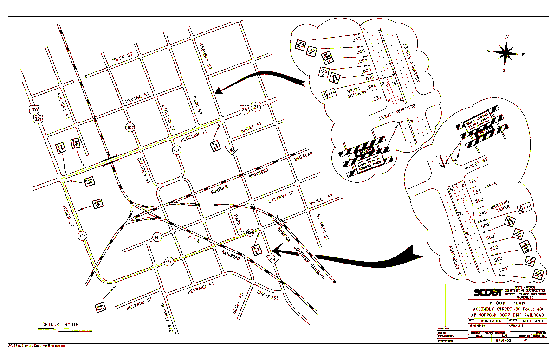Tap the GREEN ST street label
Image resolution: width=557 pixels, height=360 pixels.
click(122, 58)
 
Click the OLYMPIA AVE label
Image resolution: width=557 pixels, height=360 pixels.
click(166, 319)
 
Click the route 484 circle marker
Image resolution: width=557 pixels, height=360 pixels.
click(176, 150)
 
